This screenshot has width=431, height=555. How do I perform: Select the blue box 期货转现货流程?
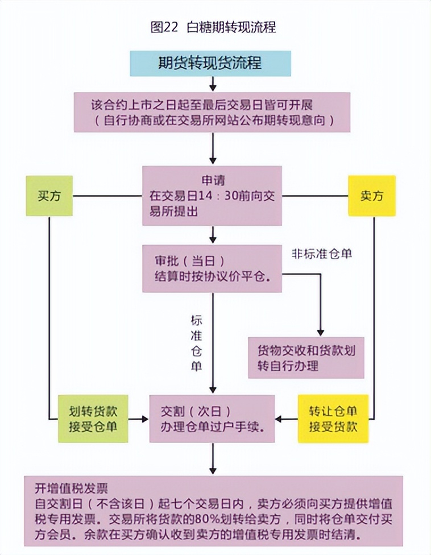pyautogui.click(x=210, y=63)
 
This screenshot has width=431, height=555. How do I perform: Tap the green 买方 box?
pyautogui.click(x=49, y=196)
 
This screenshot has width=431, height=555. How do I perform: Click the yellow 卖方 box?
pyautogui.click(x=371, y=196)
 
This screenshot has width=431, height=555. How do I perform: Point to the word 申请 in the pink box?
pyautogui.click(x=213, y=181)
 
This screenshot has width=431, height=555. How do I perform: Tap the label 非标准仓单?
pyautogui.click(x=321, y=254)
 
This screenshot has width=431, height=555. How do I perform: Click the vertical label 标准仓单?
pyautogui.click(x=196, y=343)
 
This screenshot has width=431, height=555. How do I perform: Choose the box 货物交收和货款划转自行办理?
pyautogui.click(x=306, y=357)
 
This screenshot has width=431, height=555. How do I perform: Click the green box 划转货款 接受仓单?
pyautogui.click(x=93, y=419)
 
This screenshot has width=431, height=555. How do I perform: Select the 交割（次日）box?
pyautogui.click(x=212, y=419)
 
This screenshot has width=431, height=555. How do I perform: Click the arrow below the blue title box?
pyautogui.click(x=213, y=84)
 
